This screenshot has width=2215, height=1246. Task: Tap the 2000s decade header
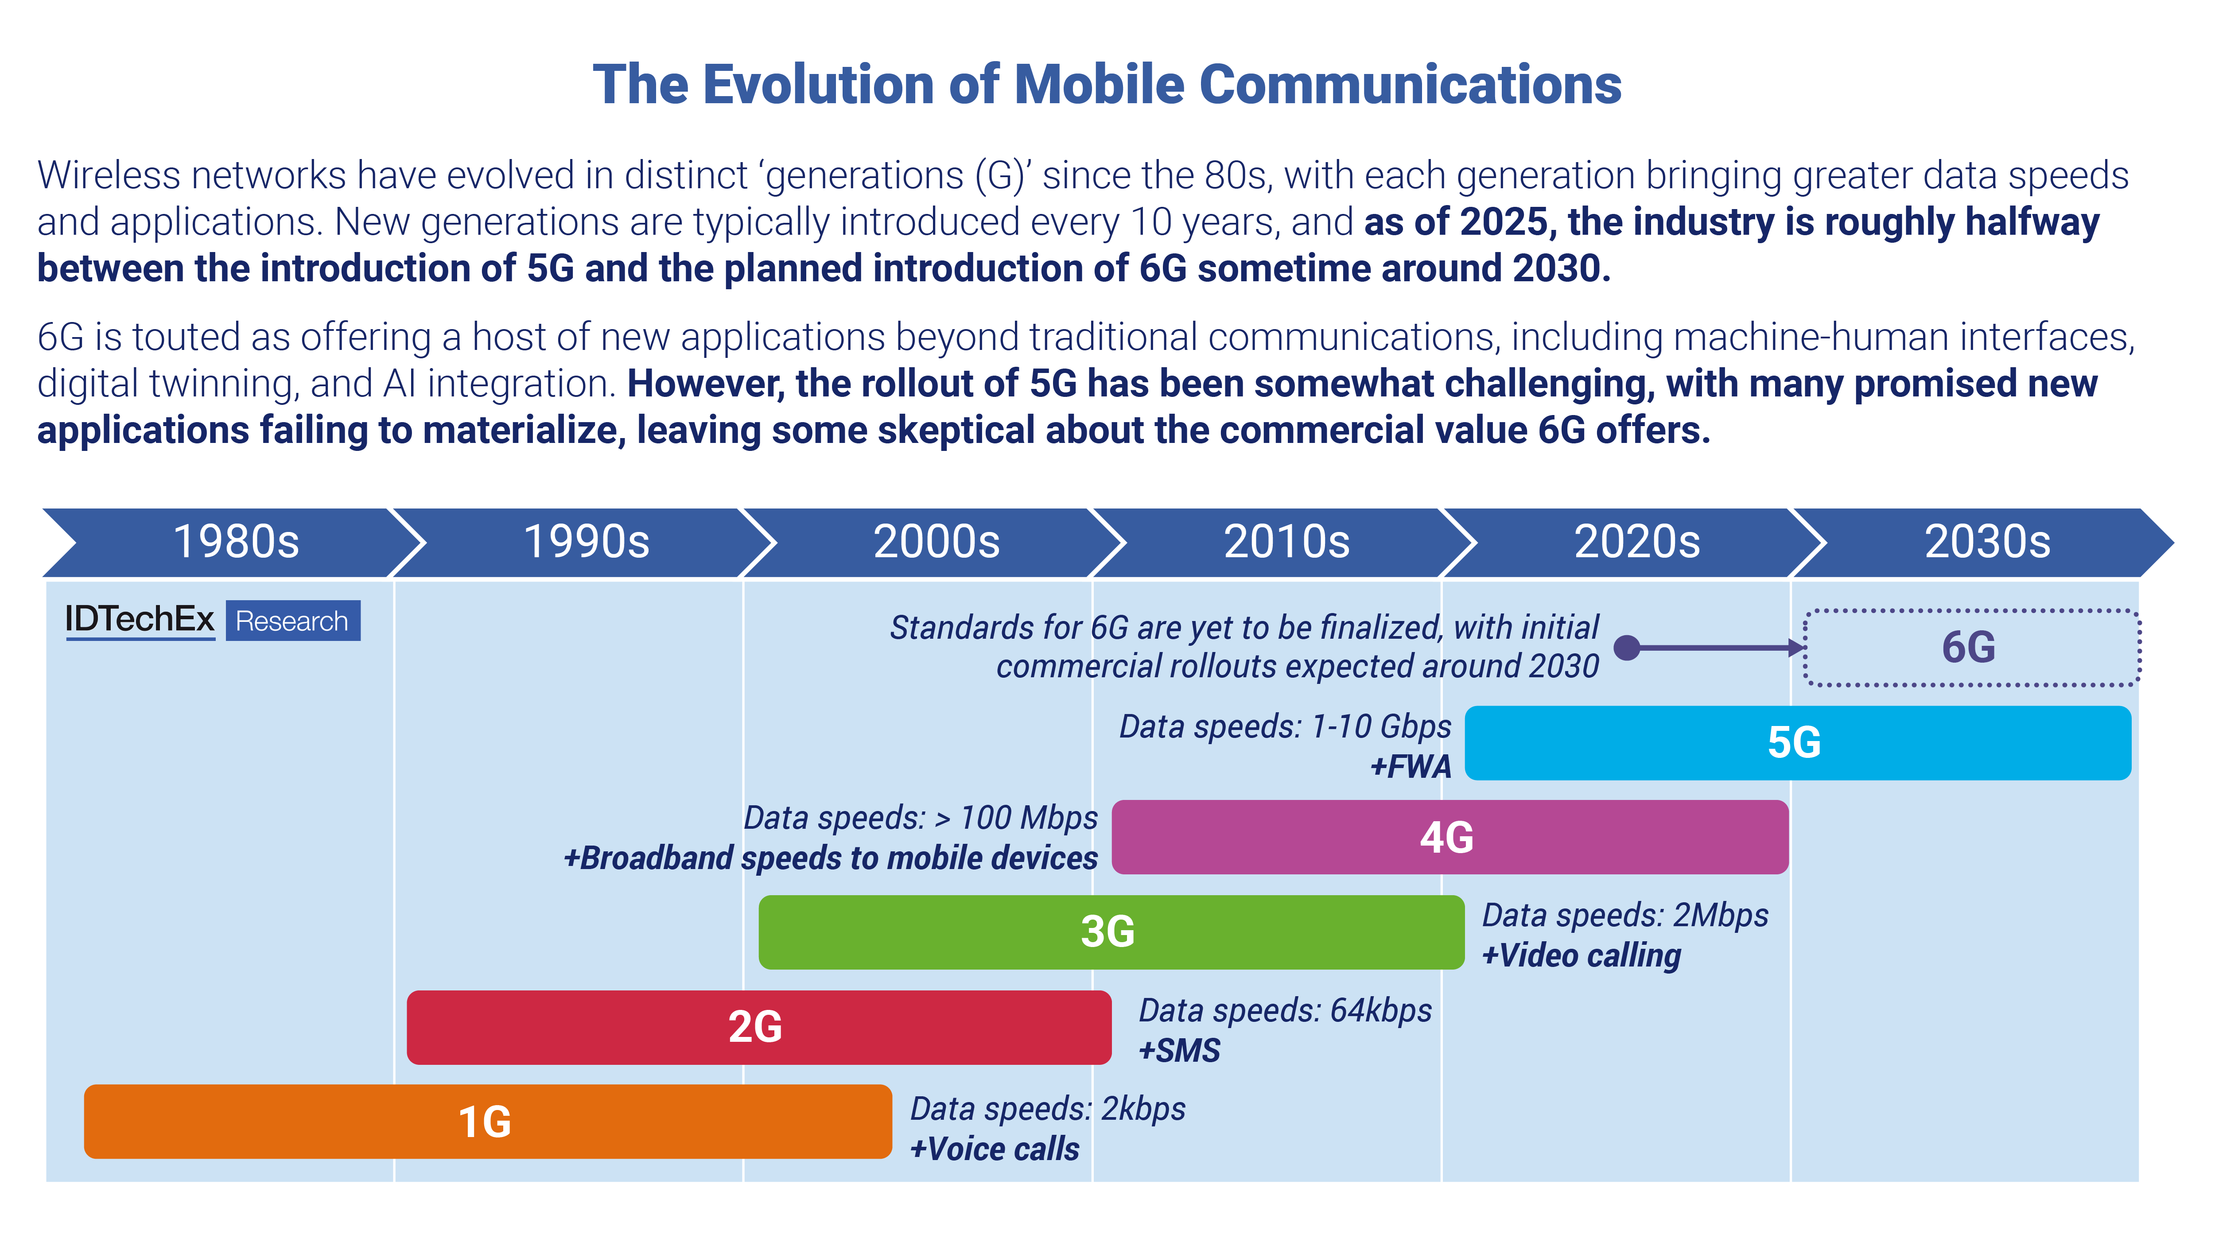click(937, 542)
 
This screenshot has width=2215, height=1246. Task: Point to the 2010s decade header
click(1286, 542)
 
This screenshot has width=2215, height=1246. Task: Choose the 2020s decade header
click(1636, 542)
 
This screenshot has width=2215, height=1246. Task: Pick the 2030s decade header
click(1986, 542)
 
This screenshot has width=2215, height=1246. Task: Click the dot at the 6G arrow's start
click(1626, 648)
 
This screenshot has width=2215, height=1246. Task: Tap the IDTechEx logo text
click(139, 619)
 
